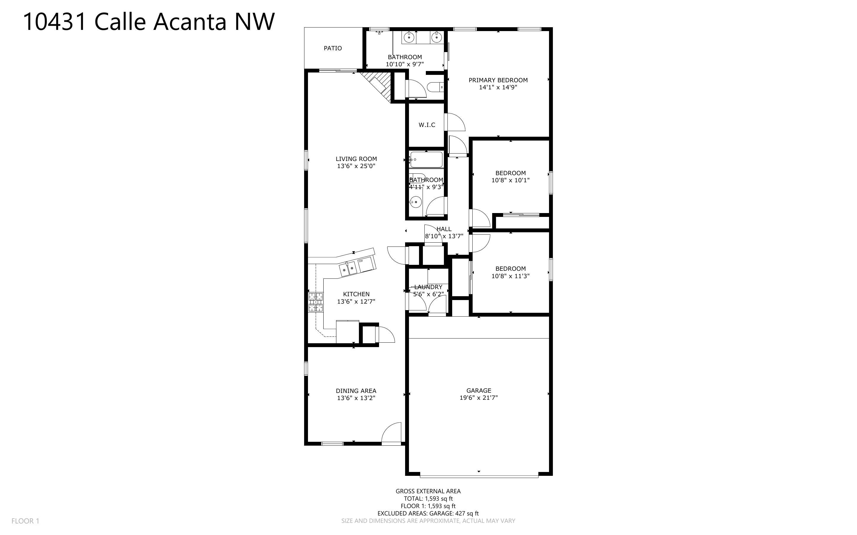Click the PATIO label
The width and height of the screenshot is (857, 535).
point(333,48)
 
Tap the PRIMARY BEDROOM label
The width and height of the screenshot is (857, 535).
point(498,80)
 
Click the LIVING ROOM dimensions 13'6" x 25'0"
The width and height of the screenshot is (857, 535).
point(356,166)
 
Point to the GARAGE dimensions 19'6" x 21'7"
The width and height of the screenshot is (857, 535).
point(479,397)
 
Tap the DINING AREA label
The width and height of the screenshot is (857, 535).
point(356,391)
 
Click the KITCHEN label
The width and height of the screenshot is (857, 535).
point(356,294)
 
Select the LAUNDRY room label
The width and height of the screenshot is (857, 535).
point(428,287)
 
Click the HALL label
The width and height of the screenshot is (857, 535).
point(444,229)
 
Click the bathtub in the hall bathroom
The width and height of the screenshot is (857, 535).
point(426,159)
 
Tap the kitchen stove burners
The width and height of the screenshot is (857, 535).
point(316,302)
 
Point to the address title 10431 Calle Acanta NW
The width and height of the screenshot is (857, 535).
point(149,22)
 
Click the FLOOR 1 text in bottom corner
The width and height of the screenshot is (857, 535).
point(25,521)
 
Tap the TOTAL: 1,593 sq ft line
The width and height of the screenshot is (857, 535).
point(428,499)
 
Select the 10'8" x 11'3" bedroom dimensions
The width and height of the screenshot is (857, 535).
point(511,276)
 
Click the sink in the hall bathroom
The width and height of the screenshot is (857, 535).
point(415,202)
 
